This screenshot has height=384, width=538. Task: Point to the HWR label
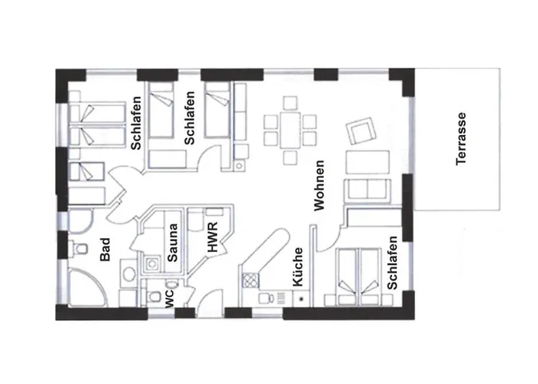213,237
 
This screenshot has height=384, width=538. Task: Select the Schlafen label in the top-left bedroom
136,123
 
